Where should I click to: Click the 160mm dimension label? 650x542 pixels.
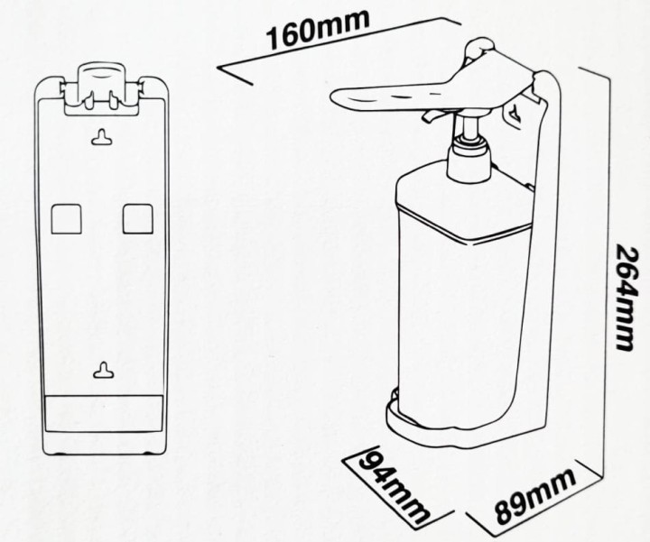pyautogui.click(x=317, y=30)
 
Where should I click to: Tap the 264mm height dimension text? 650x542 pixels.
pyautogui.click(x=626, y=298)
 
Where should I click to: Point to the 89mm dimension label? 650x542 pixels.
pyautogui.click(x=535, y=496)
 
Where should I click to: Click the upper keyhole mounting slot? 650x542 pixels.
pyautogui.click(x=101, y=138)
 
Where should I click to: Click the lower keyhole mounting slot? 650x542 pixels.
pyautogui.click(x=103, y=370)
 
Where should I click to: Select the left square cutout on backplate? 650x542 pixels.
pyautogui.click(x=66, y=218)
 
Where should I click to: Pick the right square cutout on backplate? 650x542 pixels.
pyautogui.click(x=138, y=218)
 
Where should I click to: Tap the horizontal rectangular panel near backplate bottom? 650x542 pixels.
pyautogui.click(x=103, y=414)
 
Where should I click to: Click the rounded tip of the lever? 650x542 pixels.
pyautogui.click(x=335, y=97)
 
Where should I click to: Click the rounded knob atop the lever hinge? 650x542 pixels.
pyautogui.click(x=480, y=47)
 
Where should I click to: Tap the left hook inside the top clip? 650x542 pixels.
pyautogui.click(x=88, y=101)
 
